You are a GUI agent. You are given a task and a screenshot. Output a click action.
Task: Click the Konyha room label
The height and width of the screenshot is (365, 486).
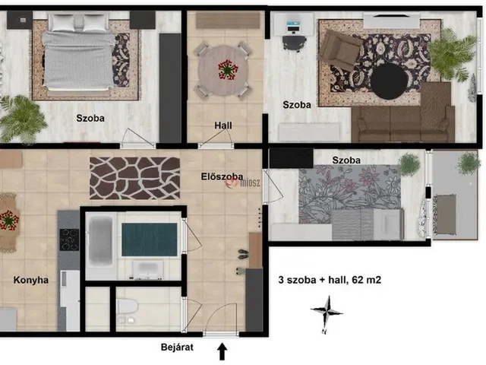click(x=31, y=280)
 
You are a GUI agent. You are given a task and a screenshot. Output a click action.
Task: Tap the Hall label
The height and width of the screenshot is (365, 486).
click(x=223, y=125)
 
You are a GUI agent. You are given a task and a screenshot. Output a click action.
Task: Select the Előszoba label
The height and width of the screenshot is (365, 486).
click(x=222, y=176)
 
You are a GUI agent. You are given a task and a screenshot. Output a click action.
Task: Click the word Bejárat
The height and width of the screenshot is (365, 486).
click(x=177, y=347)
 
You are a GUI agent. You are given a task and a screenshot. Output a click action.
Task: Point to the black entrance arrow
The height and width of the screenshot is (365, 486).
click(x=222, y=351)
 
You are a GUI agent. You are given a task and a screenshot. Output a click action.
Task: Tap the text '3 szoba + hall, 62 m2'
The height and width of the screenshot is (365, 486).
click(x=330, y=280)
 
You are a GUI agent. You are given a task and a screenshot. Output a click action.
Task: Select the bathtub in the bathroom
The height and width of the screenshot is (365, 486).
click(x=100, y=241)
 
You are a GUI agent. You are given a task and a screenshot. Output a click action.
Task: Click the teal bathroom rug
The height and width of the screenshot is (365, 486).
click(x=150, y=240)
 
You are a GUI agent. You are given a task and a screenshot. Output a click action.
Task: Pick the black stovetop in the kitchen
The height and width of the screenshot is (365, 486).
click(x=69, y=240)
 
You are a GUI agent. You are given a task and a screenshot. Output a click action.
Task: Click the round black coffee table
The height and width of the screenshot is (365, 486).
click(x=390, y=81)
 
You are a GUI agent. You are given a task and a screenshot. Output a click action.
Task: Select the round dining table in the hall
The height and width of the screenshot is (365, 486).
click(x=223, y=71)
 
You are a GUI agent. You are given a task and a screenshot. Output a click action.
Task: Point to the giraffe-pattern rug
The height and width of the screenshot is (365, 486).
click(x=134, y=178)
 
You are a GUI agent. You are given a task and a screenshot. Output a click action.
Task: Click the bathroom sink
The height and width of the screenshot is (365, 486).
click(x=148, y=268)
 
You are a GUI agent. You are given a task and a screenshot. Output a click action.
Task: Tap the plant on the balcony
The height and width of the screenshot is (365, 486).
click(x=468, y=163)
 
